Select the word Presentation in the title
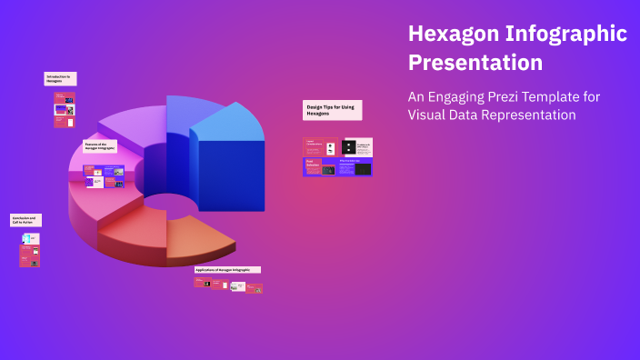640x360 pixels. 475,64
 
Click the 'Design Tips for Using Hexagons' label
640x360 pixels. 332,110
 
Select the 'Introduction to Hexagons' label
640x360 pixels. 60,79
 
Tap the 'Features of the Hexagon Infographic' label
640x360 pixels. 99,146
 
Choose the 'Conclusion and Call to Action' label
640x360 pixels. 25,220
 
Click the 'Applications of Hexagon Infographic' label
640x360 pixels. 227,270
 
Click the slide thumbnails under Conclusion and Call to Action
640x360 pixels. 29,250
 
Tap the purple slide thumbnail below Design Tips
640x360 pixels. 318,167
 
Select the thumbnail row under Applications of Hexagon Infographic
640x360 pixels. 227,285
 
